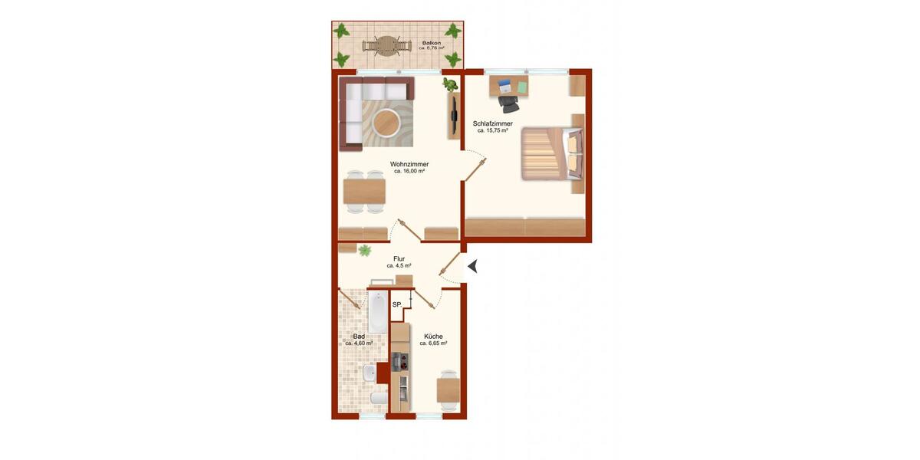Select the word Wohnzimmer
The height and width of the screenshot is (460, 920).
[x=409, y=164]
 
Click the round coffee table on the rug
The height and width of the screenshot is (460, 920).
[x=386, y=121]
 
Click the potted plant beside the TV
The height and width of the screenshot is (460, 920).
[x=450, y=84]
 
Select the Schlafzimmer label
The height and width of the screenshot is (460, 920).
[x=492, y=123]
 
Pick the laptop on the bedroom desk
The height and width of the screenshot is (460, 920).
[x=504, y=84]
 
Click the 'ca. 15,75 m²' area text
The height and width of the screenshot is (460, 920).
[x=492, y=131]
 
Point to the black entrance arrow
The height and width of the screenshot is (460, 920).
[x=472, y=266]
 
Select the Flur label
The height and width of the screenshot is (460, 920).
[x=399, y=259]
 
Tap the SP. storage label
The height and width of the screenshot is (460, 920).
[x=397, y=305]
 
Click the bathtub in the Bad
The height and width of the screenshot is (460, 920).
[x=378, y=312]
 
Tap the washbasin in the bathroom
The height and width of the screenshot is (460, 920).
[x=370, y=373]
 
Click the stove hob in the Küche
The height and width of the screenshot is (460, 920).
[x=399, y=362]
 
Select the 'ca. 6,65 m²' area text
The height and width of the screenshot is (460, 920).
[x=433, y=343]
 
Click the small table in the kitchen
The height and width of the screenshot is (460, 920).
[x=448, y=389]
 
